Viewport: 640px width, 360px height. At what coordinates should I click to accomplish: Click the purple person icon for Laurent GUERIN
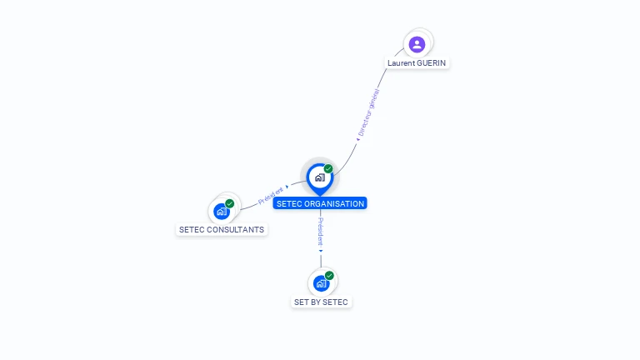coord(417,44)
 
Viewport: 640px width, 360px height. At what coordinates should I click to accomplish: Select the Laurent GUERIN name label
coord(418,63)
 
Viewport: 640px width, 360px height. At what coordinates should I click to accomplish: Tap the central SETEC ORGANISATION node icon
coord(319,177)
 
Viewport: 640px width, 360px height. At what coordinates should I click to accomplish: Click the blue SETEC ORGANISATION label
coord(320,203)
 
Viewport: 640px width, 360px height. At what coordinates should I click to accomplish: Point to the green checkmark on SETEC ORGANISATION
coord(328,168)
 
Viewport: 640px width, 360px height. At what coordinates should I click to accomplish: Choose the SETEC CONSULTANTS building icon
coord(222,212)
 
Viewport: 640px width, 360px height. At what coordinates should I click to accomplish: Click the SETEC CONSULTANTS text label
coord(222,229)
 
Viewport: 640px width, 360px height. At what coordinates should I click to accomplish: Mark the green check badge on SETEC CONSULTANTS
coord(230,203)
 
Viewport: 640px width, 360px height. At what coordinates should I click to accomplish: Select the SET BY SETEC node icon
coord(321,283)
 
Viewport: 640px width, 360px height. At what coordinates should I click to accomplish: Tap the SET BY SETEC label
coord(321,302)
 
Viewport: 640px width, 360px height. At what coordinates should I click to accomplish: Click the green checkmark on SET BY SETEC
coord(329,275)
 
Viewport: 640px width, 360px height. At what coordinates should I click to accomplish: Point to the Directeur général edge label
coord(368,112)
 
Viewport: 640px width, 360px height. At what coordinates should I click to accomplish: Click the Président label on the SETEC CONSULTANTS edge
coord(271,195)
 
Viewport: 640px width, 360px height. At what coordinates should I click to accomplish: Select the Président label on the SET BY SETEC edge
coord(321,231)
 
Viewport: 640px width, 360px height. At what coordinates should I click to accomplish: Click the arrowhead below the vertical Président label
coord(321,250)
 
